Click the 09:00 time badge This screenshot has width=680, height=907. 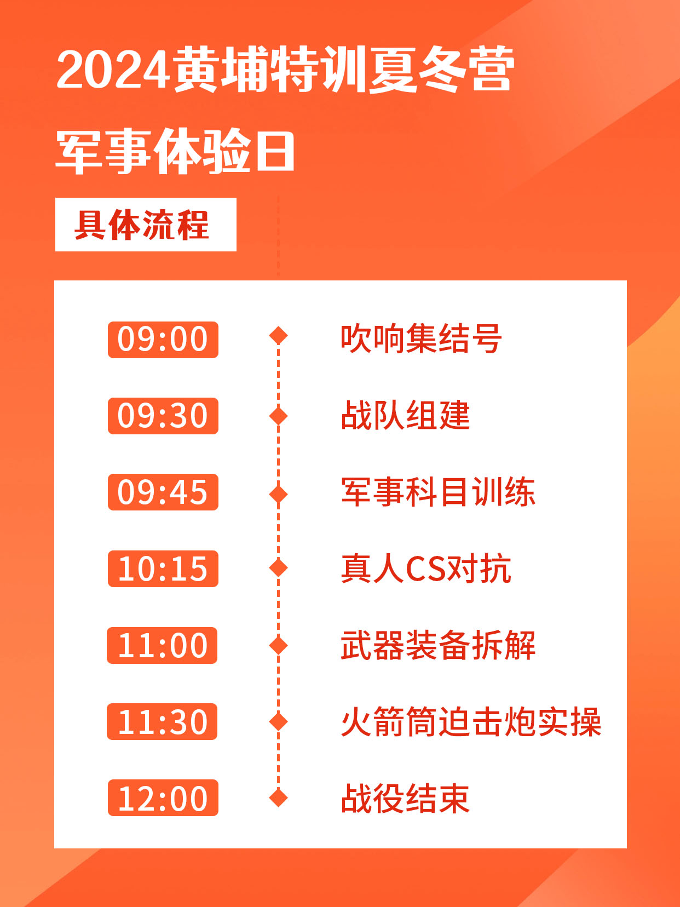[x=163, y=340]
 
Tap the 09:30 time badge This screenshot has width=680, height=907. [x=163, y=416]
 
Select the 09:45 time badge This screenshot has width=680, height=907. [x=163, y=492]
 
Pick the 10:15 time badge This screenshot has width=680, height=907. [x=163, y=569]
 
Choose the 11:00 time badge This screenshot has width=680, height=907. [x=162, y=645]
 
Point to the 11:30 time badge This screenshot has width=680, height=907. [x=162, y=721]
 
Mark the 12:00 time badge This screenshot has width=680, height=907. [x=163, y=798]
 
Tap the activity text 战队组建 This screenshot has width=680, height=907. [x=406, y=415]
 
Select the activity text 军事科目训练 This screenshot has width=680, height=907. [x=438, y=492]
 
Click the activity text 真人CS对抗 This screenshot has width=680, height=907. [x=426, y=569]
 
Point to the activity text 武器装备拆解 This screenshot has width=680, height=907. [x=438, y=645]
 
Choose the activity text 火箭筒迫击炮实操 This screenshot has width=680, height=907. [x=471, y=721]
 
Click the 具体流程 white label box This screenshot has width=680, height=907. [x=146, y=225]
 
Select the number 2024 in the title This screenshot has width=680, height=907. [x=113, y=69]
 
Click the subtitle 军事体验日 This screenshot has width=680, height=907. [x=175, y=150]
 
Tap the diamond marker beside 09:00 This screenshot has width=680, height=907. [x=278, y=335]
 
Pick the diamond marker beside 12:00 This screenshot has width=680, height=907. [x=278, y=797]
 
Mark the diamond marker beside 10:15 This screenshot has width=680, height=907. [x=278, y=567]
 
